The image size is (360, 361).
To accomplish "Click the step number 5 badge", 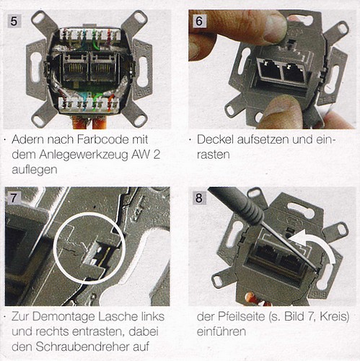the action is pos(14,21).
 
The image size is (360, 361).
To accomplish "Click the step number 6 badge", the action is pos(199,21).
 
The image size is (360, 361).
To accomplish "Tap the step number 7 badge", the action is pos(14,198).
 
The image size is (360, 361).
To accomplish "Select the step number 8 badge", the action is pos(199,199).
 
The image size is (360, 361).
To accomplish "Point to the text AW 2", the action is pos(146,155).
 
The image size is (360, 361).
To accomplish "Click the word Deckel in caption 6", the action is pos(215,139).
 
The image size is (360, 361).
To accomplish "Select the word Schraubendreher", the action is pos(79,347).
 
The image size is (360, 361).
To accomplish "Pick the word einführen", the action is pos(221,331).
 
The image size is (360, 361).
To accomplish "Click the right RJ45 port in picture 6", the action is pos(294,73).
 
